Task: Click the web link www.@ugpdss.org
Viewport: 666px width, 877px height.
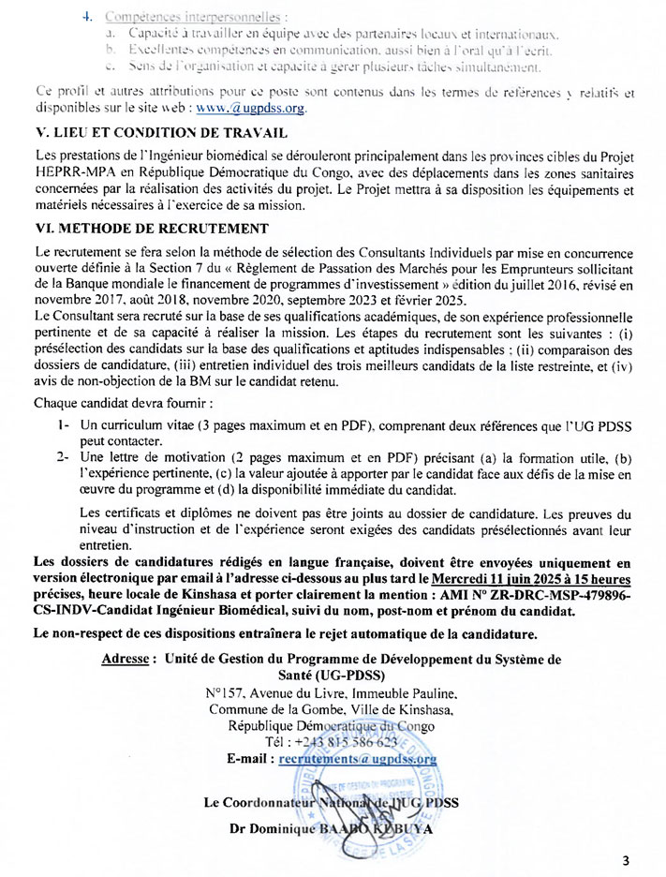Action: (x=257, y=108)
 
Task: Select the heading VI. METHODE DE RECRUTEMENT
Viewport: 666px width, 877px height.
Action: (x=151, y=228)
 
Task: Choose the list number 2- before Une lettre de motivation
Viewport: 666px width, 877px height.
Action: (x=63, y=458)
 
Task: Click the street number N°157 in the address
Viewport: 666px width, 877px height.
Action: (x=227, y=693)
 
